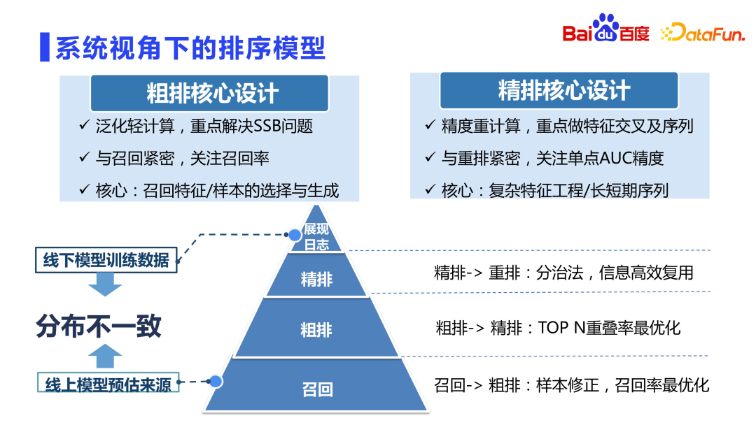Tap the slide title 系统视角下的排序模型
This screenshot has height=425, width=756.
coord(190,48)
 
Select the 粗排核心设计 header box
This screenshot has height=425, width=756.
coord(209,93)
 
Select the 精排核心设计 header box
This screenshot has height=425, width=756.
coord(559,90)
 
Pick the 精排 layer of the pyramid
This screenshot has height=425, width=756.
coord(316,279)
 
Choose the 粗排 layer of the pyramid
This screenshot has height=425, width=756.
coord(316,329)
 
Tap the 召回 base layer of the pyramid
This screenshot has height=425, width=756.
coord(316,389)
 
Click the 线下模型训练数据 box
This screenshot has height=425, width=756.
coord(106,260)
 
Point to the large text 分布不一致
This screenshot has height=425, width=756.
coord(99,326)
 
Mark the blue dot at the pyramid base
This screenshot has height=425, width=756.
coord(216,382)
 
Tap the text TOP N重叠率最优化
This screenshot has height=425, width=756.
coord(609,327)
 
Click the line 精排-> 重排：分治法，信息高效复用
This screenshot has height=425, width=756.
coord(563,273)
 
